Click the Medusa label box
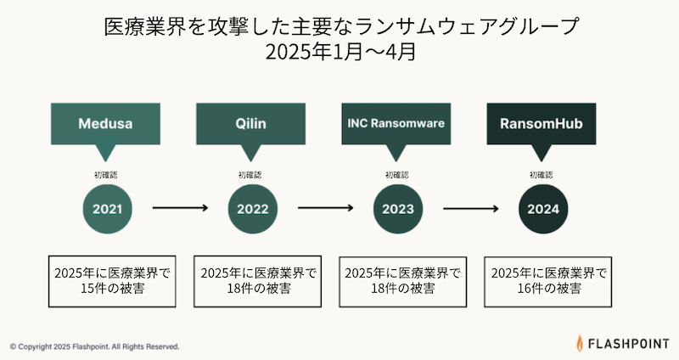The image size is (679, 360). click(x=105, y=124)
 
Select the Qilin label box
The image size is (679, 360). click(x=250, y=124)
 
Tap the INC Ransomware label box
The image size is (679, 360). click(x=396, y=124)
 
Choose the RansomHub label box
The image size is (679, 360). click(x=542, y=124)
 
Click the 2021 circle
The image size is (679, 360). click(x=108, y=209)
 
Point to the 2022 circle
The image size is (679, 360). click(x=253, y=209)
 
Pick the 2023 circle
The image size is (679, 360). click(x=398, y=209)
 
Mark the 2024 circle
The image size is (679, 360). click(x=543, y=209)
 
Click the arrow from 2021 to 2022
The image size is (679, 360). click(x=180, y=208)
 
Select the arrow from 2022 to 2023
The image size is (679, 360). click(x=326, y=208)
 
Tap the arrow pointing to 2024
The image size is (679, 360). click(x=471, y=208)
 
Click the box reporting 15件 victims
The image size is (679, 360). click(x=112, y=281)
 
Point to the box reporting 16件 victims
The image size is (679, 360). click(x=547, y=281)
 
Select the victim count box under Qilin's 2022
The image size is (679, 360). click(x=258, y=281)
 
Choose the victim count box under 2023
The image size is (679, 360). click(x=402, y=281)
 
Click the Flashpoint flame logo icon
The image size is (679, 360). click(x=580, y=343)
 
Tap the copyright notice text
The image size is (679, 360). click(x=94, y=346)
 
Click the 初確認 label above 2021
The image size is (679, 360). click(x=105, y=175)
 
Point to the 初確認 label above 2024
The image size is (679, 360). click(x=542, y=175)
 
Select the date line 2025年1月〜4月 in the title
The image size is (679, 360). click(x=340, y=52)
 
